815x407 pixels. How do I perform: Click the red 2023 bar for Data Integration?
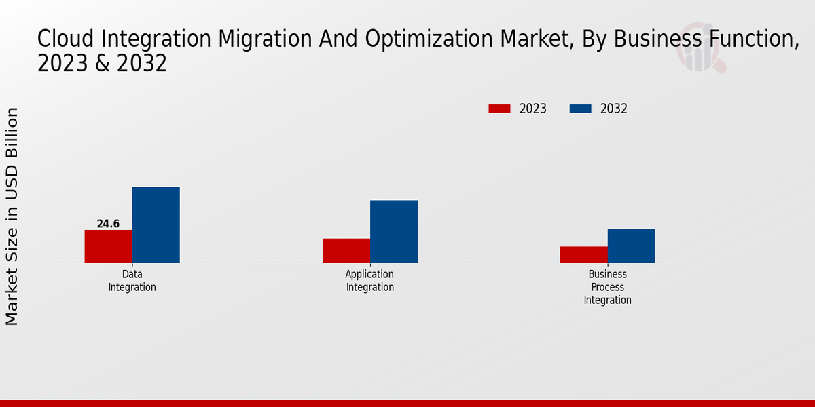108,246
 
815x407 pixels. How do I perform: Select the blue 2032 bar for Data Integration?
156,225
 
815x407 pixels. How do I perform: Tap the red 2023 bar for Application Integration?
346,250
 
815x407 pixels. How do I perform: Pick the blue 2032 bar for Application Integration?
394,231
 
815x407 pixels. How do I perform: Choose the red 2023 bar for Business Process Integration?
584,254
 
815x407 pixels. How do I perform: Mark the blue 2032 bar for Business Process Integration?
632,246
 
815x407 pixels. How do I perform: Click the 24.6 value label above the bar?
108,224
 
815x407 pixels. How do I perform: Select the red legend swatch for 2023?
499,109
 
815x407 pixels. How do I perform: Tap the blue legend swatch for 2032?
580,109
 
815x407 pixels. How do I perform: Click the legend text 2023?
533,109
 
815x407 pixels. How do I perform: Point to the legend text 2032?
614,109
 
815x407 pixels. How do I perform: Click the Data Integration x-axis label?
132,281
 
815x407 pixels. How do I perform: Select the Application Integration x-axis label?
370,281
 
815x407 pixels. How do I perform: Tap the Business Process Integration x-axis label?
608,287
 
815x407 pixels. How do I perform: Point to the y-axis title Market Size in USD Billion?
12,216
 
